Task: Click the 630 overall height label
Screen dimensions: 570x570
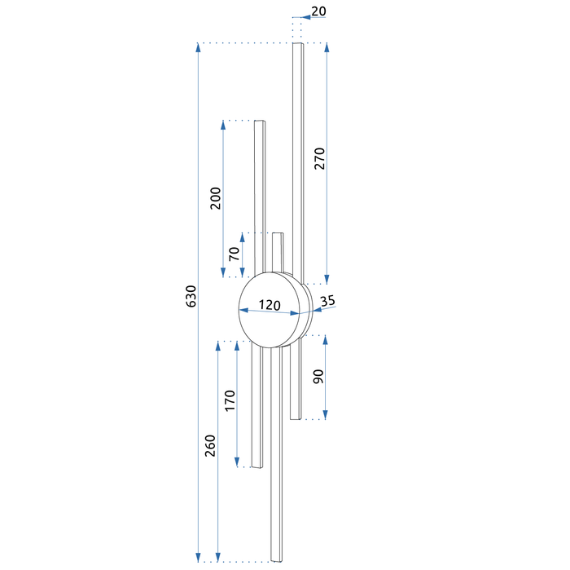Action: tap(191, 296)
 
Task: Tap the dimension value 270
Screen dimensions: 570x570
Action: tap(320, 158)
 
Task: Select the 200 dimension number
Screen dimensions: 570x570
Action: tap(216, 198)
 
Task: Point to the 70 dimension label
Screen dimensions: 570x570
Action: tap(235, 254)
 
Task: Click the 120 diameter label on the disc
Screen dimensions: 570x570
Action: tap(270, 305)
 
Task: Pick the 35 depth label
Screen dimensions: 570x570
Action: tap(327, 301)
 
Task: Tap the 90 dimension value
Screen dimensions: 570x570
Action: tap(318, 377)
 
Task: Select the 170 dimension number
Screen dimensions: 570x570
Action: tap(230, 400)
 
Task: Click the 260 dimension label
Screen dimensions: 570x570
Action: tap(210, 445)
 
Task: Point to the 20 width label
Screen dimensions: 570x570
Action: tap(319, 11)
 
